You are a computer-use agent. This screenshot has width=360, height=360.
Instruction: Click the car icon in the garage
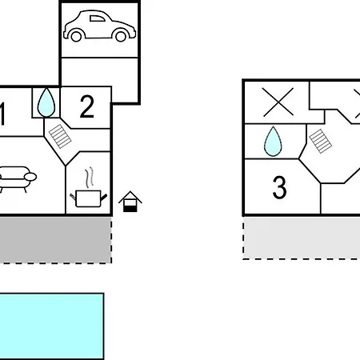coord(99,26)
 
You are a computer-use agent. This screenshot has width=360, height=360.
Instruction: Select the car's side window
coord(97,18)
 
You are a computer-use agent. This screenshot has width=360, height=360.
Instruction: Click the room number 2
coord(87,106)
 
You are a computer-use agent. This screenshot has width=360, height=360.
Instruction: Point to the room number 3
coord(279,187)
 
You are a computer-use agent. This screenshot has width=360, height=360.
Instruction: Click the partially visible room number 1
coord(2,114)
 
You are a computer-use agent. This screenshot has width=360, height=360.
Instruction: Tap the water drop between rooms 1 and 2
coord(46,102)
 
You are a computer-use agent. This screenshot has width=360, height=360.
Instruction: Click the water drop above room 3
coord(273,142)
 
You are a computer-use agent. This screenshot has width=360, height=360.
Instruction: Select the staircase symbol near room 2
coord(60,136)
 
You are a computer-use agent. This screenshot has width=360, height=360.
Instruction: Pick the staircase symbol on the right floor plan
coord(321,141)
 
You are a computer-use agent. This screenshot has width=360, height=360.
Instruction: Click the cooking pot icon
coord(89,198)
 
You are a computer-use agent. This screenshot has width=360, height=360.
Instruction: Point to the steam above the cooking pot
coord(90,177)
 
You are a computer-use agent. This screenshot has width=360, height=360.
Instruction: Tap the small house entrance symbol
coord(130,202)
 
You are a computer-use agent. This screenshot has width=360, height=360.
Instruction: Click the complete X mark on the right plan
coord(278,102)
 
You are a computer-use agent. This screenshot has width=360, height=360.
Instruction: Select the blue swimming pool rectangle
coord(51,326)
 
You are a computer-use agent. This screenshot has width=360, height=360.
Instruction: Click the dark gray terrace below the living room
coord(55,240)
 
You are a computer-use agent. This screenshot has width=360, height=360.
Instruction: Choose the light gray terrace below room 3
coord(302,238)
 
